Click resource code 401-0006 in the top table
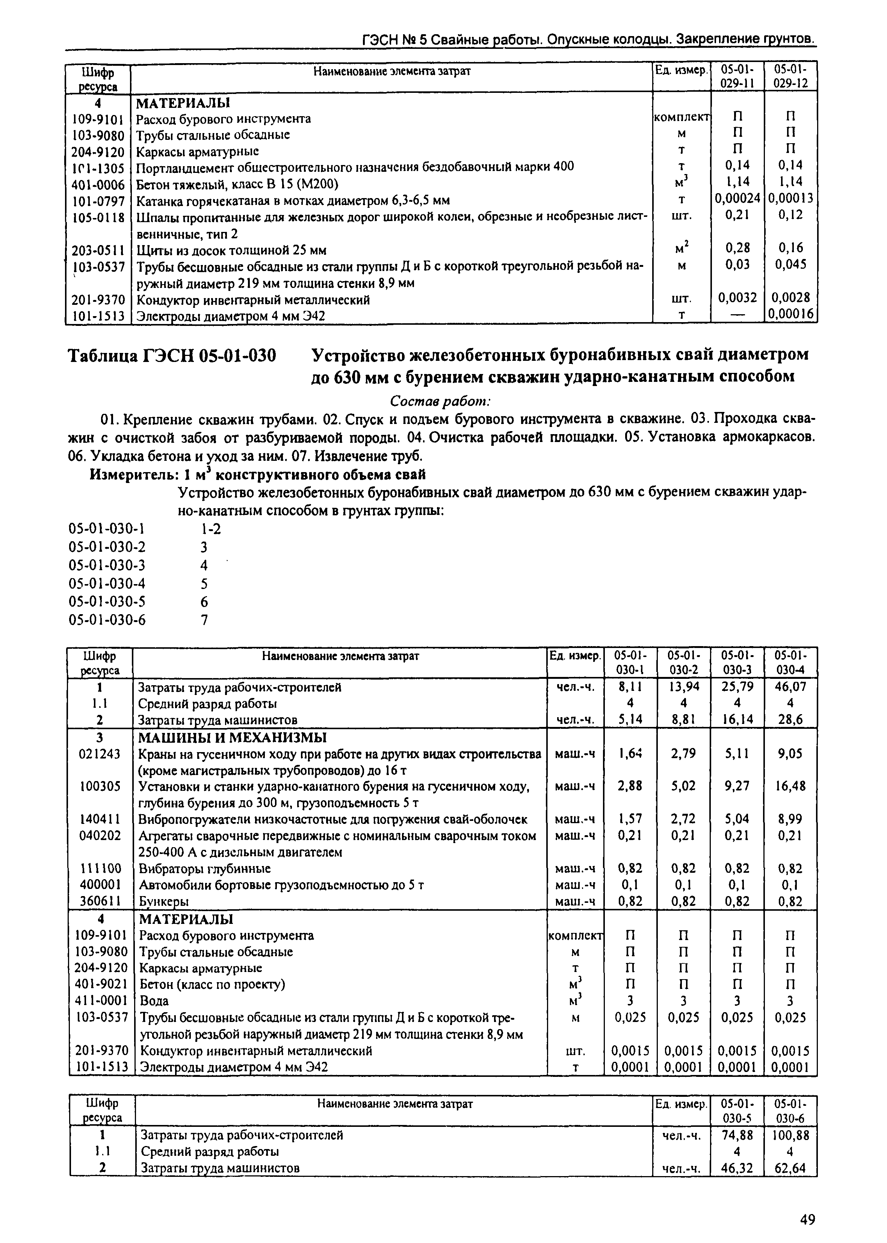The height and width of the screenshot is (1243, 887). coord(98,184)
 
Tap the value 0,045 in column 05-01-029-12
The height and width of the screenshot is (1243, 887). coord(790,265)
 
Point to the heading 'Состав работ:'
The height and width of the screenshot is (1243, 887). coord(441,401)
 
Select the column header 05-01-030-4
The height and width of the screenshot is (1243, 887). coord(790,662)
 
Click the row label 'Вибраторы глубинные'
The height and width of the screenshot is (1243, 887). coord(205,868)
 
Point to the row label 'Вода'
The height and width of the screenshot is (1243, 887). coord(154,1001)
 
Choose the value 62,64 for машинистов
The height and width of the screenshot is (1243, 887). coord(790,1168)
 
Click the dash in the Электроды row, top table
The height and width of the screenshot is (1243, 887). coord(737,314)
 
